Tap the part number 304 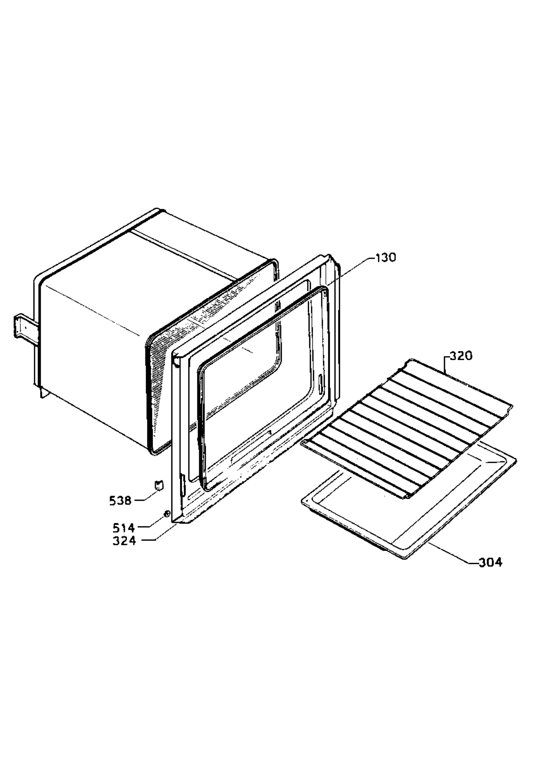coord(490,562)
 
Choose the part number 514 coord(124,527)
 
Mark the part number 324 coord(124,541)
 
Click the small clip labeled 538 coord(158,485)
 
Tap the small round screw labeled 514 coord(166,514)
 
